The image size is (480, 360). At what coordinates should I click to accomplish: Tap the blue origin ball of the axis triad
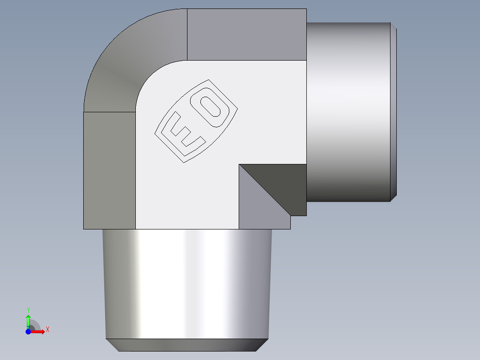(x=28, y=332)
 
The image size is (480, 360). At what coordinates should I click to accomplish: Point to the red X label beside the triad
(x=47, y=330)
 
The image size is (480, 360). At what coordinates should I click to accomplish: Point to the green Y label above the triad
(x=28, y=310)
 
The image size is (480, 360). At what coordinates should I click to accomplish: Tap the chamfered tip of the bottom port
(x=187, y=345)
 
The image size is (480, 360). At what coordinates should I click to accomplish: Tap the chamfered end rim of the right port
(x=394, y=111)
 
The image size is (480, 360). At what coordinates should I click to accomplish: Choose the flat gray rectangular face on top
(x=247, y=34)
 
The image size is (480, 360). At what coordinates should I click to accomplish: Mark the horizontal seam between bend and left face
(x=109, y=112)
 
